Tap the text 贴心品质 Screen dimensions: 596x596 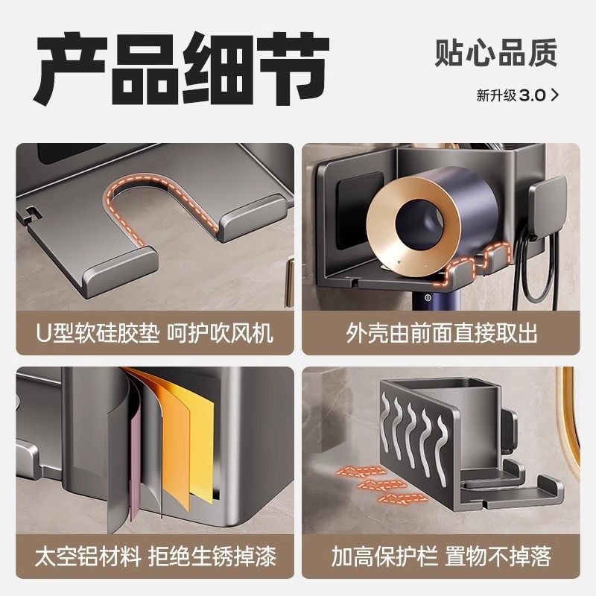tap(495, 53)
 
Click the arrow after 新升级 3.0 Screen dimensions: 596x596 tap(554, 95)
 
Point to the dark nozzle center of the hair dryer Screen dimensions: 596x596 tap(412, 223)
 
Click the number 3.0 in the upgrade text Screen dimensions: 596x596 tap(533, 95)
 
